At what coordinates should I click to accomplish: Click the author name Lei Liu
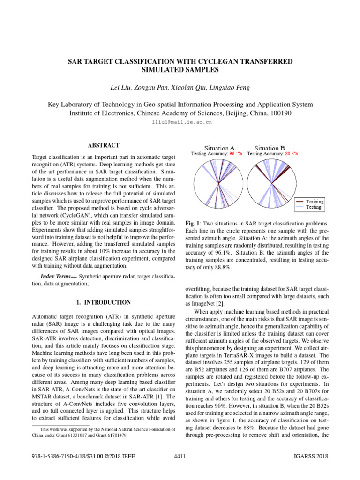[x=118, y=88]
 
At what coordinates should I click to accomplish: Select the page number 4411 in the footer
[x=180, y=456]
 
